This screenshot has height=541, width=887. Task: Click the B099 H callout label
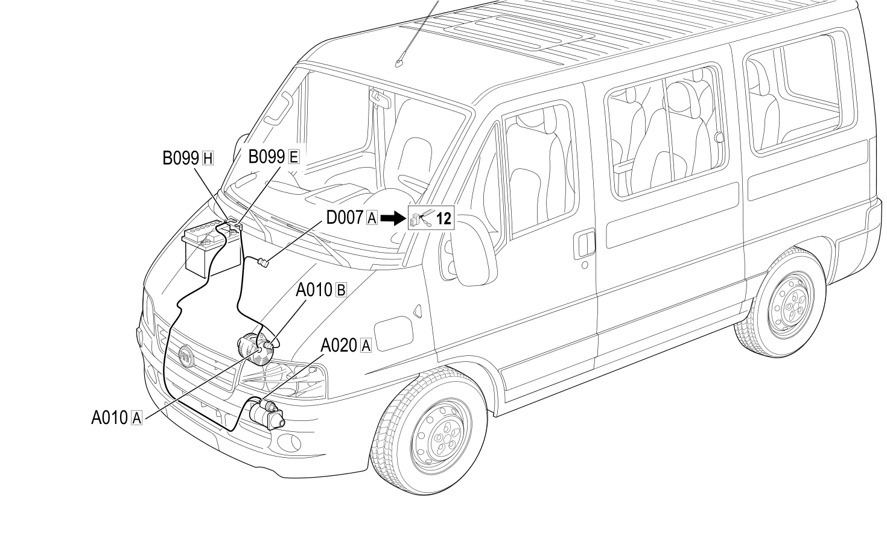tap(188, 158)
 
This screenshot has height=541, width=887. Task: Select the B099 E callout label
tap(273, 157)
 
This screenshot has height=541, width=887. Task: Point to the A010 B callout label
tap(321, 290)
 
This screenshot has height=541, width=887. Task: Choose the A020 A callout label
tap(346, 346)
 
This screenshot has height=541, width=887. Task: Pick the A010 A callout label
tap(116, 417)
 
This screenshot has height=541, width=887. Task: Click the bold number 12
tap(444, 218)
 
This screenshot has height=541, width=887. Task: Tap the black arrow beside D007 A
tap(393, 218)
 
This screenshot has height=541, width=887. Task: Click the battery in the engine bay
tap(211, 248)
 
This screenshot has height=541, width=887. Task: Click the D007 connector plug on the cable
tap(262, 262)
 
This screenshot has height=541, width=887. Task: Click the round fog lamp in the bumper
tap(288, 442)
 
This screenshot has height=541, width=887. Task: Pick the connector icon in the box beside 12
tap(422, 219)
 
